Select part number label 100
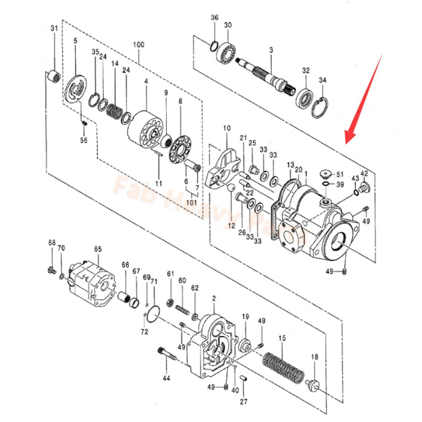pyautogui.click(x=139, y=45)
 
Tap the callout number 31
pyautogui.click(x=54, y=28)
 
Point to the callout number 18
pyautogui.click(x=315, y=358)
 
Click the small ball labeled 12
pyautogui.click(x=231, y=188)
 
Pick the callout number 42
pyautogui.click(x=364, y=173)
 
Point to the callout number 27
pyautogui.click(x=243, y=402)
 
